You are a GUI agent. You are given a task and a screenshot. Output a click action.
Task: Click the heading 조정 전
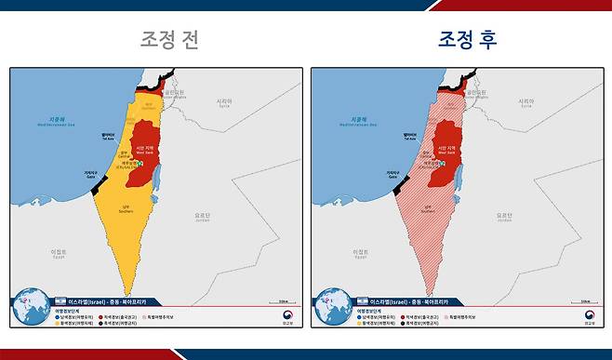[168, 40]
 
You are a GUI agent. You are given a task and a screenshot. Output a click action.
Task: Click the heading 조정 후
[469, 40]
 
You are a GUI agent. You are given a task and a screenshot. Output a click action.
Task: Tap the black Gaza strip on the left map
[97, 185]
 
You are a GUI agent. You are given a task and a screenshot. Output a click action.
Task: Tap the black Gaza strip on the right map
[398, 185]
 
